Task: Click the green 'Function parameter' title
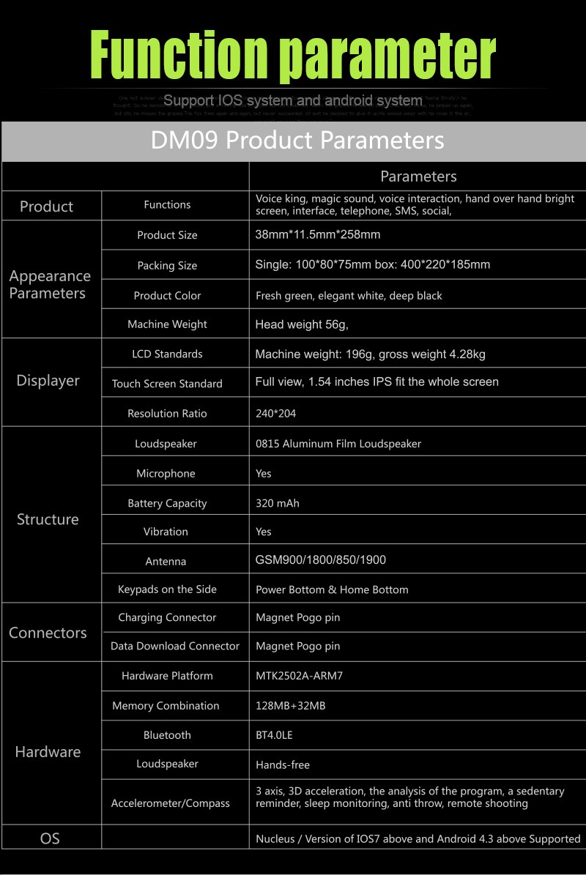tap(293, 56)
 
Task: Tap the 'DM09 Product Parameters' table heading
tap(297, 140)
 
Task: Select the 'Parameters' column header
tap(418, 176)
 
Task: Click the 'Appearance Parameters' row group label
tap(50, 285)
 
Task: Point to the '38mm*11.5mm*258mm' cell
tap(318, 235)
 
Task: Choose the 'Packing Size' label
tap(167, 266)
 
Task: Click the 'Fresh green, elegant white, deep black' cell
tap(349, 296)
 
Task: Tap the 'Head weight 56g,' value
tap(302, 324)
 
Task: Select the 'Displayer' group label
tap(48, 381)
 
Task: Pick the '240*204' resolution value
tap(276, 414)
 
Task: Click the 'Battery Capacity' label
tap(167, 503)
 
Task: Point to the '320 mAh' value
tap(278, 503)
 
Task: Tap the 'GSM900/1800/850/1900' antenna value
tap(321, 560)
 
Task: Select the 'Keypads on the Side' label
tap(167, 589)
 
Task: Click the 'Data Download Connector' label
tap(175, 646)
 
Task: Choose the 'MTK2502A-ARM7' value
tap(299, 676)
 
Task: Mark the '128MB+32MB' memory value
tap(291, 706)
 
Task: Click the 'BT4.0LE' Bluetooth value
tap(274, 735)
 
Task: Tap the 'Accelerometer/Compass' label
tap(171, 803)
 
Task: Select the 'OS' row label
tap(50, 838)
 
